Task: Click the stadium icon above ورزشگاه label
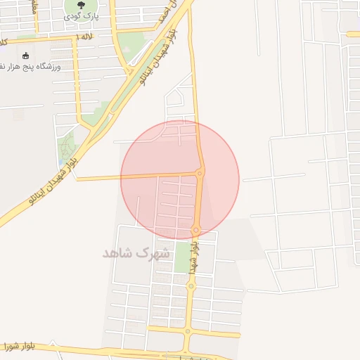26,56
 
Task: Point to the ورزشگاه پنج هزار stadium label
31,66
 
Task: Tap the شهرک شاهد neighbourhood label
136,252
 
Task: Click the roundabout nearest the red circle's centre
200,173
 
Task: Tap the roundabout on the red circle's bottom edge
196,230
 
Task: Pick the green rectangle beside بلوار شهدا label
182,257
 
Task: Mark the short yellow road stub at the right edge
353,33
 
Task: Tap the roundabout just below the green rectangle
190,285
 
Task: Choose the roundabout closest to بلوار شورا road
188,332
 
